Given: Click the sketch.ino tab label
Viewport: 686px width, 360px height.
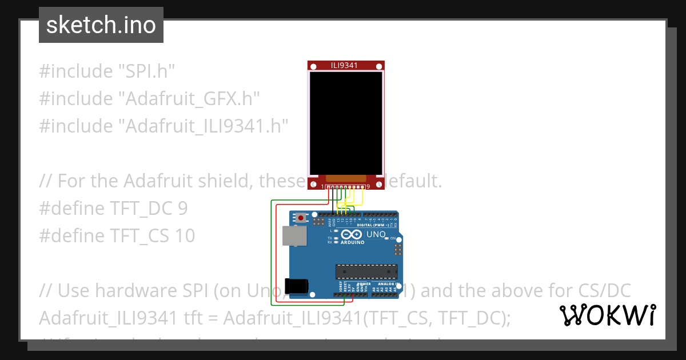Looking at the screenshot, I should pyautogui.click(x=101, y=25).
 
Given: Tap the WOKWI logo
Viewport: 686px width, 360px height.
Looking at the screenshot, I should pyautogui.click(x=608, y=315).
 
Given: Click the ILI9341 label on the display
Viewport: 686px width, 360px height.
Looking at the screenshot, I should pyautogui.click(x=344, y=65).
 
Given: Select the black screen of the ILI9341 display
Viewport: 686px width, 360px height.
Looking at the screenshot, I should pyautogui.click(x=345, y=123).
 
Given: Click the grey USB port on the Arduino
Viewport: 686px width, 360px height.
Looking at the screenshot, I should pyautogui.click(x=294, y=235).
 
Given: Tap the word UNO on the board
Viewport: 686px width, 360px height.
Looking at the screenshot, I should pyautogui.click(x=376, y=234).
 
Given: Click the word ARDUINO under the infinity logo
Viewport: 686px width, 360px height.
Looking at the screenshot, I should pyautogui.click(x=352, y=242).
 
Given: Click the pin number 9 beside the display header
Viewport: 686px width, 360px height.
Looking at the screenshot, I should pyautogui.click(x=368, y=186).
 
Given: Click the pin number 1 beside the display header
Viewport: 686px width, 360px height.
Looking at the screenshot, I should pyautogui.click(x=322, y=186).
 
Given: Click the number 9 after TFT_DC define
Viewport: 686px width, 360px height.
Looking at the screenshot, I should pyautogui.click(x=182, y=208).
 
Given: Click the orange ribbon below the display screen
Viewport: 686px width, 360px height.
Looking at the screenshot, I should pyautogui.click(x=345, y=179).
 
